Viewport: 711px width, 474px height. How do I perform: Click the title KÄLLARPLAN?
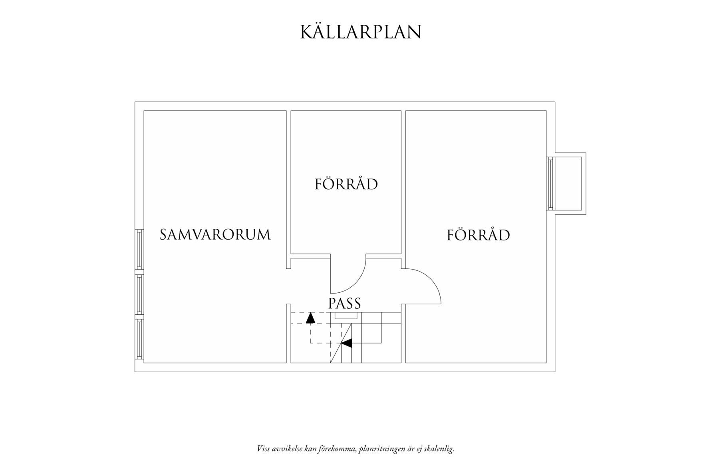pos(361,32)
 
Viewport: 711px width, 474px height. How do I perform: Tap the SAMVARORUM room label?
pos(215,234)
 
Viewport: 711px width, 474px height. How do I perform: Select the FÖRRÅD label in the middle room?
pos(346,184)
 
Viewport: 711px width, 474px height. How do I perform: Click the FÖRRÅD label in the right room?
pos(478,235)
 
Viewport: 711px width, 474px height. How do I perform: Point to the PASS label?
pos(344,303)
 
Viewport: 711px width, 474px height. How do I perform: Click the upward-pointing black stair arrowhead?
pos(310,318)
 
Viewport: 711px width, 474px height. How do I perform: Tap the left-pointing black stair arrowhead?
pos(346,343)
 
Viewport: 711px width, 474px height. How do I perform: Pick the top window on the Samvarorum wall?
pos(139,249)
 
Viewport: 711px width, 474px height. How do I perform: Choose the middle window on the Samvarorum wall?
pos(139,294)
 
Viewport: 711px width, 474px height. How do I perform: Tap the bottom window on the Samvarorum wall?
pos(139,339)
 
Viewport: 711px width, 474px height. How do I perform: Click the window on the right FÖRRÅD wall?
pos(550,183)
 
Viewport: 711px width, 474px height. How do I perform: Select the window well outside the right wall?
pos(569,183)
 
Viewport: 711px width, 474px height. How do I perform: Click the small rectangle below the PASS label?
pos(346,316)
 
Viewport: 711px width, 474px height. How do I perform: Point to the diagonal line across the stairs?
pos(341,343)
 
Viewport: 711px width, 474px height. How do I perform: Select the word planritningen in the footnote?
pos(381,449)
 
